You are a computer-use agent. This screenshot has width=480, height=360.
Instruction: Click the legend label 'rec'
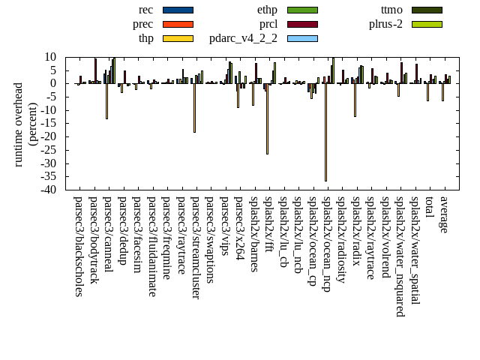pos(146,10)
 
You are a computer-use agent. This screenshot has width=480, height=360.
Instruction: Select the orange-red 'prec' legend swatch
pos(178,24)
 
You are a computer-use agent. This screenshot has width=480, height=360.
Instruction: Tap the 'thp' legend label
pos(146,38)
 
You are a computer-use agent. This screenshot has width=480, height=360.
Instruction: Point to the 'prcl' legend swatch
pos(302,24)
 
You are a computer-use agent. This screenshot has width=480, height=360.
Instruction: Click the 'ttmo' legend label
pos(391,10)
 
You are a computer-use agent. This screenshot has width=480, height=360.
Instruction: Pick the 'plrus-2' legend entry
pos(385,24)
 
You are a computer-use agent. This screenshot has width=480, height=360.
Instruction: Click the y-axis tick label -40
pos(49,190)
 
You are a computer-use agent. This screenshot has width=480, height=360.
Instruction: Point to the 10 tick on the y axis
pos(52,57)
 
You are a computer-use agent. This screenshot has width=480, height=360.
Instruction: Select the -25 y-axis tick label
pos(49,150)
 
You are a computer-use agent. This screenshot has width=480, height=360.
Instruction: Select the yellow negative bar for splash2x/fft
pos(267,118)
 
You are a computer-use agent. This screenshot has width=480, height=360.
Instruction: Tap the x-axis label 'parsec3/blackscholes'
pos(79,246)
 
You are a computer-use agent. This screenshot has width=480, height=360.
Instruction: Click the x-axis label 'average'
pos(444,214)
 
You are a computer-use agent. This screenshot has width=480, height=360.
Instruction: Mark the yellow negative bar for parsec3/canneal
pos(106,101)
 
